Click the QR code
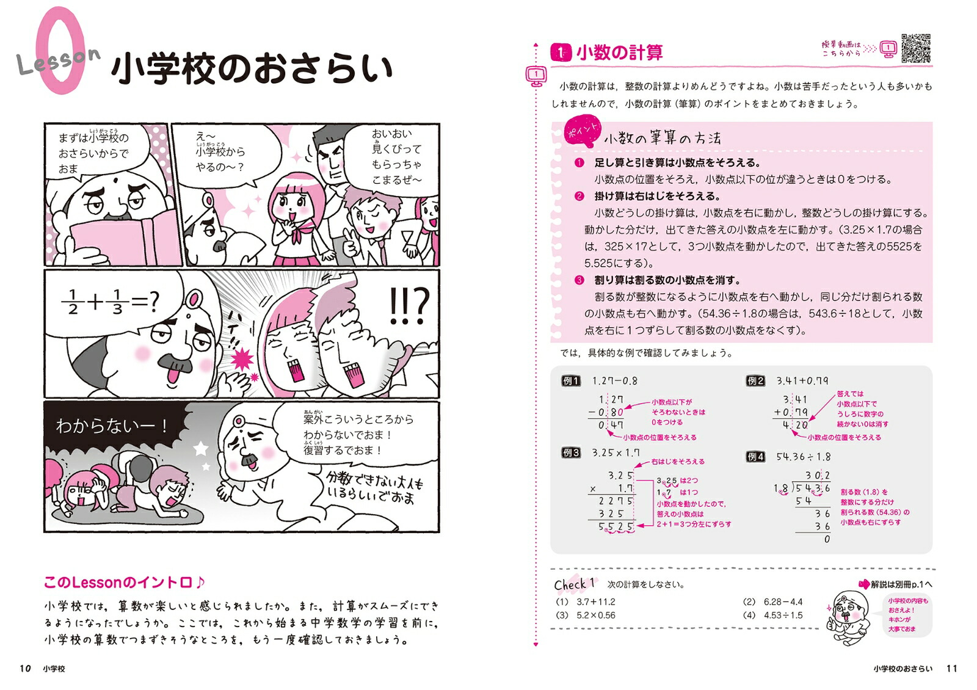coord(916,48)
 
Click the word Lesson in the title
coord(59,60)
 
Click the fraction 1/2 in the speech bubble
coord(73,302)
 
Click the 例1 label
coord(570,381)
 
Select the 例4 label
coord(755,457)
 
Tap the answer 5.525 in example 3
coord(616,526)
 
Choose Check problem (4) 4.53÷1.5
coord(772,615)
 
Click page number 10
coord(25,668)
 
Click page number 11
coord(952,668)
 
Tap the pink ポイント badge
coord(582,131)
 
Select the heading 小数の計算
coord(619,53)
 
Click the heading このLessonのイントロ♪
coord(125,583)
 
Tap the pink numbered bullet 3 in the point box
coord(579,280)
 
